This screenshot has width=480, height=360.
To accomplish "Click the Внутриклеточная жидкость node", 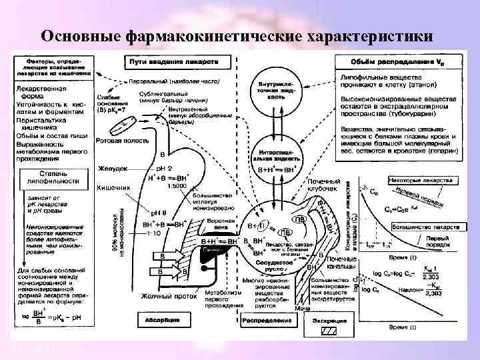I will point(276,92).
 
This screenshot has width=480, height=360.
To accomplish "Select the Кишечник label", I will point(113,188).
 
